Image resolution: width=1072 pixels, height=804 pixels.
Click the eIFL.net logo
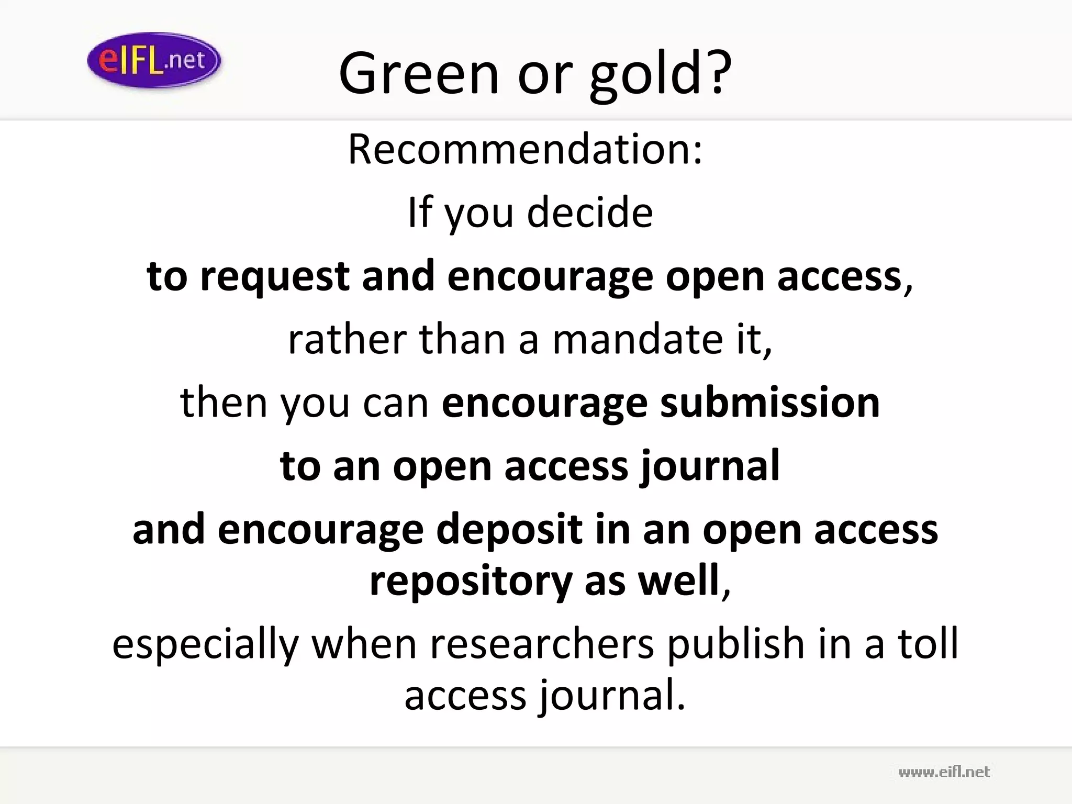tap(154, 60)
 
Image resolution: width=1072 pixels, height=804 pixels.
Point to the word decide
tap(590, 213)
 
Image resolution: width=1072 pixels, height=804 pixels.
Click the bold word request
tap(275, 277)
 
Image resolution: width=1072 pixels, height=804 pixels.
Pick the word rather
tap(347, 340)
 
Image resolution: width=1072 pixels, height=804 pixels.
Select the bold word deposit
tap(509, 529)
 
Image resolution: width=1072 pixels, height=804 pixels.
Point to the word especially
tap(205, 644)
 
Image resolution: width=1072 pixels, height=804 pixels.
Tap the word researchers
tap(542, 644)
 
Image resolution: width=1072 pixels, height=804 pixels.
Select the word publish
tap(735, 644)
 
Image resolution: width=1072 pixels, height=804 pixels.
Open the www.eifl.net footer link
tap(944, 772)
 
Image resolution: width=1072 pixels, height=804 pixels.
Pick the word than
tap(462, 340)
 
